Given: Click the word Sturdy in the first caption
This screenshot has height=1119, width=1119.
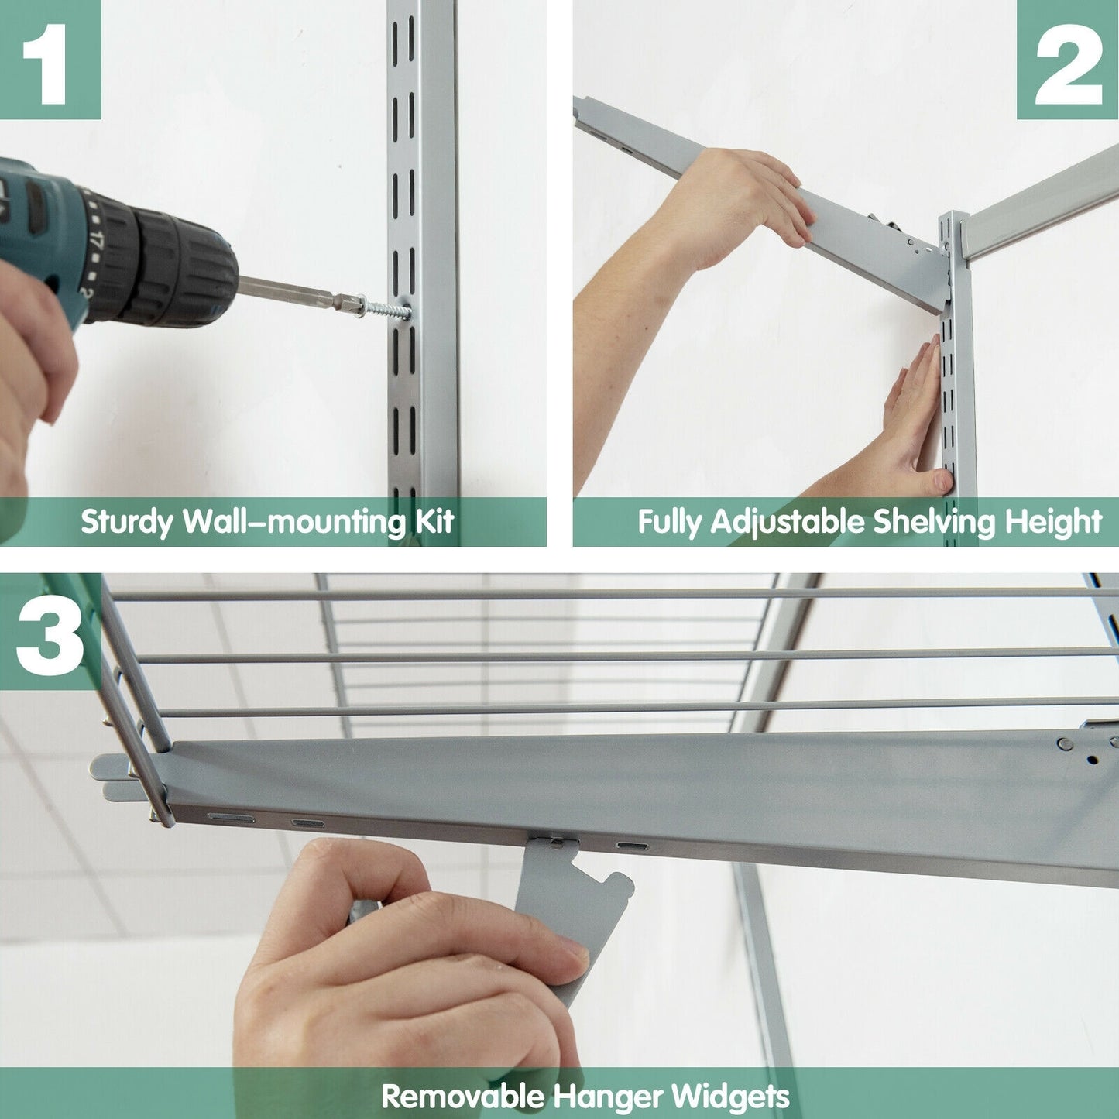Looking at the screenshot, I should coord(127,522).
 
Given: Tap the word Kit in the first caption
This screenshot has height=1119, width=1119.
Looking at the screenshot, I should coord(434,522).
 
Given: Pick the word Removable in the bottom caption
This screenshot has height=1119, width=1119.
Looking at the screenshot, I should coord(462,1097).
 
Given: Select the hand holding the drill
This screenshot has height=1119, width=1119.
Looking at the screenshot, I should coord(31,364).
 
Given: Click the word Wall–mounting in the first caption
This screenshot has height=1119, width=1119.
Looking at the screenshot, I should coord(294,522).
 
